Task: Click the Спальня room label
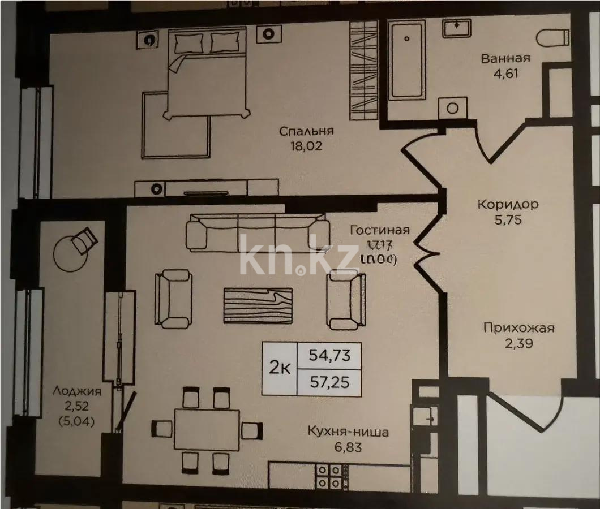tap(306, 131)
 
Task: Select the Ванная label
tap(505, 58)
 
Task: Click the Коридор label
tap(508, 204)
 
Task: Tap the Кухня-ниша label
tap(348, 433)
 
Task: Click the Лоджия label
tap(76, 390)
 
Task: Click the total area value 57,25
tap(329, 383)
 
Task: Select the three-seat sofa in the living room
tap(258, 232)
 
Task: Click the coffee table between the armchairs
tap(258, 305)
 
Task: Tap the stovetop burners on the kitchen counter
tap(328, 476)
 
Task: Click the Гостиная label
tap(379, 230)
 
